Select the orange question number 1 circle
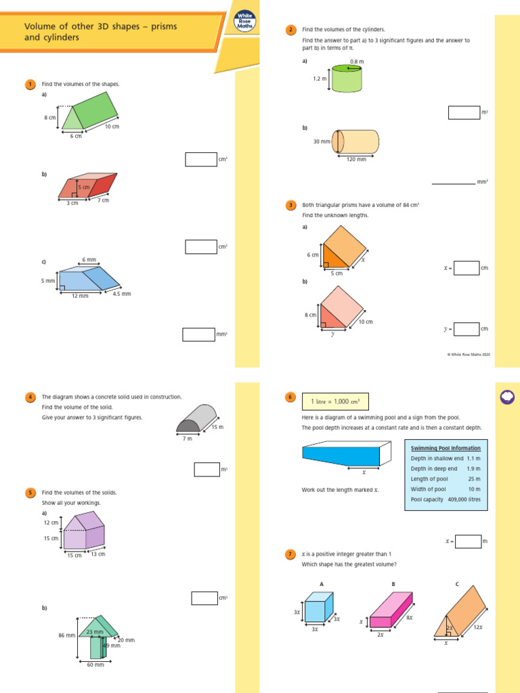29,84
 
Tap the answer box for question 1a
201,159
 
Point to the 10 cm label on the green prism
112,127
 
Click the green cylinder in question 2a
348,80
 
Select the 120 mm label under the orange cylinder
356,159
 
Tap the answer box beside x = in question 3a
466,268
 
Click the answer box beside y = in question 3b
466,329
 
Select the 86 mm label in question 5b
66,635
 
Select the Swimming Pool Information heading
446,448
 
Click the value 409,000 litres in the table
464,499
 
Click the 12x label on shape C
478,627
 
